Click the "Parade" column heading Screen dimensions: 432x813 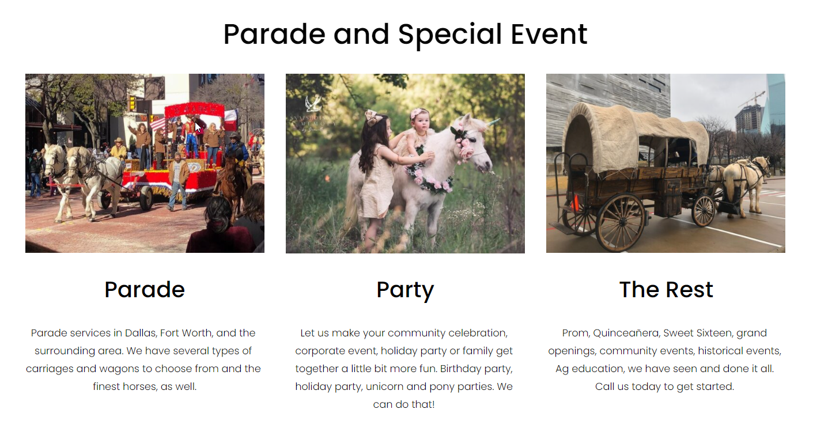[145, 290]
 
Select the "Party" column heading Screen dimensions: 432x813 [405, 290]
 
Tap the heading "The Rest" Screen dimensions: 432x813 [666, 290]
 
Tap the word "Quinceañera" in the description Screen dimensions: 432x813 [626, 333]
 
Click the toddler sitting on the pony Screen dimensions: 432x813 [417, 132]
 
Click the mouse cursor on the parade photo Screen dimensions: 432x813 [198, 127]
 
